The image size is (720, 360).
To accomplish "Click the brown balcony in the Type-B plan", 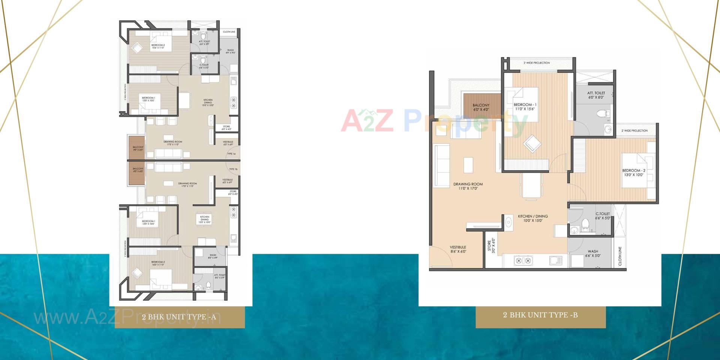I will tap(481, 107).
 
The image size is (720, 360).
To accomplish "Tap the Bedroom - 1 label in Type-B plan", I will tap(525, 106).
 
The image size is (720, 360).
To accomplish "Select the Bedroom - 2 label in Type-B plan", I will tap(633, 172).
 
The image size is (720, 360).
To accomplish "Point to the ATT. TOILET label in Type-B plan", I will tap(596, 95).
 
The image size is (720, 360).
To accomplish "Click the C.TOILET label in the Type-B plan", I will tap(603, 216).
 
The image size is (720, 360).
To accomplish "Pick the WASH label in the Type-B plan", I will tap(593, 253).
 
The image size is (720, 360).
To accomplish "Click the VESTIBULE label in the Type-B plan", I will tap(458, 249).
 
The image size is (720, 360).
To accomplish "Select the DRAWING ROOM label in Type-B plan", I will tap(468, 186).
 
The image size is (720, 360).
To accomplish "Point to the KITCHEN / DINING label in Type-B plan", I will tap(533, 218).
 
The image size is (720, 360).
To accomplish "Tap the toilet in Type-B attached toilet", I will tap(605, 113).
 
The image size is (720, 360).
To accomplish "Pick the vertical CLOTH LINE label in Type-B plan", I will tap(620, 256).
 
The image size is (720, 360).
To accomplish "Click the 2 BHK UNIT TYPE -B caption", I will tap(540, 315).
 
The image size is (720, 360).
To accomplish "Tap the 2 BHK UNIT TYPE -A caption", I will tap(179, 317).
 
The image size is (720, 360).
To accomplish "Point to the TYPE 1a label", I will tap(231, 154).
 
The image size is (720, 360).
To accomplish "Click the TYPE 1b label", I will tap(233, 169).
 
